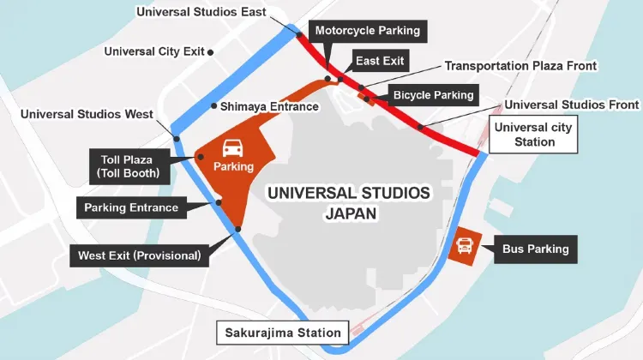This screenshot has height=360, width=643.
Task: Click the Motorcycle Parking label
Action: click(368, 32)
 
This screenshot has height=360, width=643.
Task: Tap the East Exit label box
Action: click(379, 61)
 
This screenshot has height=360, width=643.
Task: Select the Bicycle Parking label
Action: click(434, 95)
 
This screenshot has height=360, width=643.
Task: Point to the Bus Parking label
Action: click(537, 249)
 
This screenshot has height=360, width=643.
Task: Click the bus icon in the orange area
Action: click(465, 247)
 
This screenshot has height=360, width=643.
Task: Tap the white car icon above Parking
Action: click(233, 147)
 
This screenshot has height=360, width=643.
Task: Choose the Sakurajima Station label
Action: click(283, 333)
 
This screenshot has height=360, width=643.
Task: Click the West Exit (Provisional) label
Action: click(139, 255)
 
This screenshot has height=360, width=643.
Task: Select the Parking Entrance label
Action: click(131, 207)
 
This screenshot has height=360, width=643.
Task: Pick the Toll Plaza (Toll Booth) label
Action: click(129, 165)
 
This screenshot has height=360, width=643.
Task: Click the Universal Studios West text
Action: click(87, 114)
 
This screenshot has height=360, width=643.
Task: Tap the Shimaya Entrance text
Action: click(269, 106)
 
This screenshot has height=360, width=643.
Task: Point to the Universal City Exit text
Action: click(154, 51)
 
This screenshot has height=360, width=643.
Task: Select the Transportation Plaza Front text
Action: click(520, 66)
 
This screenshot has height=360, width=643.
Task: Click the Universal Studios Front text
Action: click(572, 105)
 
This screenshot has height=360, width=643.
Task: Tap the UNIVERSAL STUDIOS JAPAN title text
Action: click(348, 203)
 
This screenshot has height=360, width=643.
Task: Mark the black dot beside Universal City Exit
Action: click(211, 51)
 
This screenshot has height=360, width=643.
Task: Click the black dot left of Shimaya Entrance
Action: click(213, 106)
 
